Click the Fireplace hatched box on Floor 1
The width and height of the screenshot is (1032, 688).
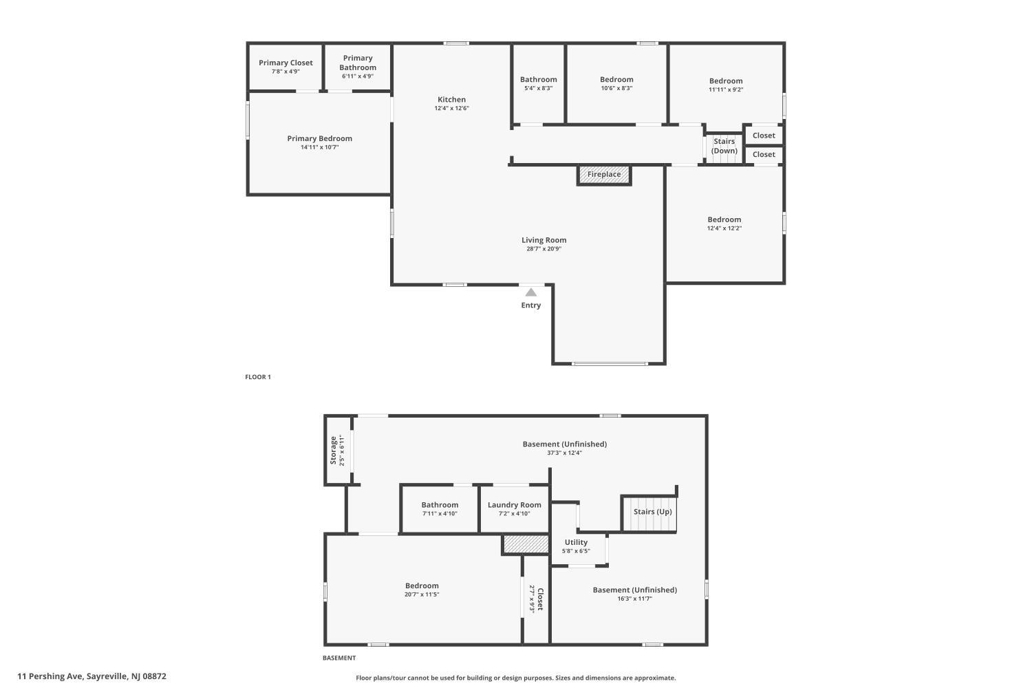click(x=604, y=175)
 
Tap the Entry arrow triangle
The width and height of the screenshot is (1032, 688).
click(x=530, y=292)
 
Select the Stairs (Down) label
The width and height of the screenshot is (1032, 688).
click(x=724, y=146)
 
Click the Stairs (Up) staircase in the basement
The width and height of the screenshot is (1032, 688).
click(x=649, y=513)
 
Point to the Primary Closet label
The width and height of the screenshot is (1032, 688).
click(x=286, y=63)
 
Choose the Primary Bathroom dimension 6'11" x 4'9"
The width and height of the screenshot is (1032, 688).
click(x=358, y=76)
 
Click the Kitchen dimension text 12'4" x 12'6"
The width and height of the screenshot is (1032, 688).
click(x=451, y=108)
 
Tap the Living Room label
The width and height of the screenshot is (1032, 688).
click(x=544, y=240)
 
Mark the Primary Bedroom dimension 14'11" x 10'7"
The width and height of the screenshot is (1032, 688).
click(x=320, y=147)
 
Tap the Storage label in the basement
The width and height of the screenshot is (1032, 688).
click(x=333, y=450)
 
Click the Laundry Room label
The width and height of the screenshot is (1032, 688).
click(x=514, y=505)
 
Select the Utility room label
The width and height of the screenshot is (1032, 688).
click(x=576, y=542)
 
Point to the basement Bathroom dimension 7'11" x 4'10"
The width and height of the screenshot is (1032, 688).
click(x=440, y=513)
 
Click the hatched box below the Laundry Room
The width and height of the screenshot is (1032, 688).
click(x=526, y=544)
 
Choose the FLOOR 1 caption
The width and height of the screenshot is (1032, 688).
click(x=258, y=377)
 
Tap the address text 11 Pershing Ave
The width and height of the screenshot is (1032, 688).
click(x=50, y=676)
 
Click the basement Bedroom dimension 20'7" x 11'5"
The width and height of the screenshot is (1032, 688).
click(x=422, y=594)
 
